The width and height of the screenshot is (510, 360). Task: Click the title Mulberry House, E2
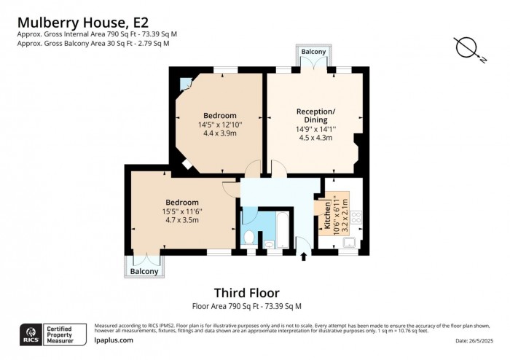[83, 23]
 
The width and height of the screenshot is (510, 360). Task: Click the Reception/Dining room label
[315, 115]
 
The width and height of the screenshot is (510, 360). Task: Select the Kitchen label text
[327, 215]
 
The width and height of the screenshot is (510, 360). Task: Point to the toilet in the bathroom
[249, 237]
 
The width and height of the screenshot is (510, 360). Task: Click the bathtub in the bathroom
[283, 230]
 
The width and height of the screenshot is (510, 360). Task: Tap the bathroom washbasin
[269, 244]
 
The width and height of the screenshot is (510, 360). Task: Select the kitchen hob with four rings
[357, 217]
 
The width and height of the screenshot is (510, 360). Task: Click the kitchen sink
[350, 242]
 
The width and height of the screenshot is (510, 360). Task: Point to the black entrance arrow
[304, 257]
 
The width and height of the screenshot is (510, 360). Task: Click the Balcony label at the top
[313, 52]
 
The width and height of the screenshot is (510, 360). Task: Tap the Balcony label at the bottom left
[144, 271]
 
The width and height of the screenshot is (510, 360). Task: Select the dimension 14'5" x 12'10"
[220, 125]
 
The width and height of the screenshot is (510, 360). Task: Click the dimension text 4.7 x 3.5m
[182, 220]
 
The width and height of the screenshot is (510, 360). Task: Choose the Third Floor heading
[247, 293]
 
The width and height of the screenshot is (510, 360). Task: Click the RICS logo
[31, 334]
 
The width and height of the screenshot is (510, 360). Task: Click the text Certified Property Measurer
[60, 334]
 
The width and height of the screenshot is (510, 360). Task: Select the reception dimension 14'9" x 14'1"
[315, 129]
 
